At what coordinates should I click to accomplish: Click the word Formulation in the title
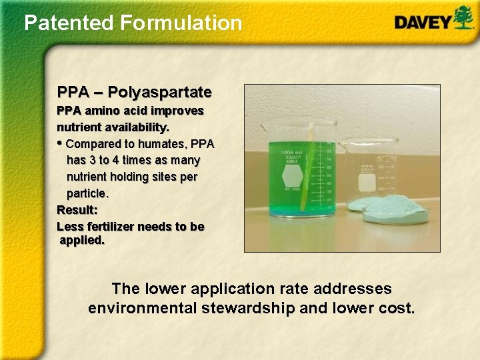point(181,23)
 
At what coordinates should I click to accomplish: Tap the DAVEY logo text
point(423,22)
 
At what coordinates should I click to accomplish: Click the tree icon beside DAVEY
point(463,17)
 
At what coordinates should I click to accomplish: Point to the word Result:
point(77,210)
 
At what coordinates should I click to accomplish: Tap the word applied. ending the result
point(82,240)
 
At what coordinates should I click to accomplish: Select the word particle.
point(87,193)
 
